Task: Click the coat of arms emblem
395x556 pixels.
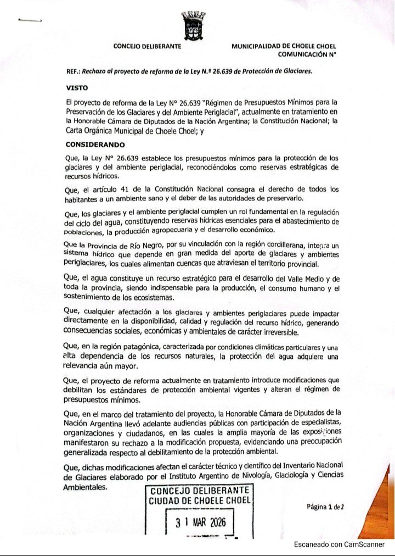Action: (x=193, y=25)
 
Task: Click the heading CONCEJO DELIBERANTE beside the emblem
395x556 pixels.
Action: (x=147, y=47)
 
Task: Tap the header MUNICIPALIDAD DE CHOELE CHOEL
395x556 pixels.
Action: (x=284, y=47)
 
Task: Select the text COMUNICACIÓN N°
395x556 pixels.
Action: (x=307, y=54)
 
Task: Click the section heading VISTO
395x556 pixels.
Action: (x=77, y=87)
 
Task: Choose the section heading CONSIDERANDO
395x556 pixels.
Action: (x=95, y=145)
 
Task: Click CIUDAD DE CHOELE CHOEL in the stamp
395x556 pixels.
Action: (x=200, y=501)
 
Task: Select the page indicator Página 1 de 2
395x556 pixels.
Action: (x=325, y=507)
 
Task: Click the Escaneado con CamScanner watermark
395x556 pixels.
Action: (x=339, y=544)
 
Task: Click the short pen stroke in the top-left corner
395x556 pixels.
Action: (x=30, y=20)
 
